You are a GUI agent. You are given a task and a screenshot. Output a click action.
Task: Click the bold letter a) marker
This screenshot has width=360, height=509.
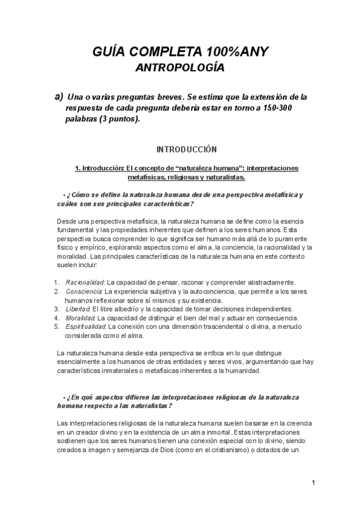pos(59,96)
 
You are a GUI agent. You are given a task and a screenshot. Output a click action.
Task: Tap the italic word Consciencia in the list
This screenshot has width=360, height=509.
pos(84,291)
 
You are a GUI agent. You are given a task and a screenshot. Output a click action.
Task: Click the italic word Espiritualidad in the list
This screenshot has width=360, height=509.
pos(86,327)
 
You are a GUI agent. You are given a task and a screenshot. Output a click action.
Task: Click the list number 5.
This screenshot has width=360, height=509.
pos(55,327)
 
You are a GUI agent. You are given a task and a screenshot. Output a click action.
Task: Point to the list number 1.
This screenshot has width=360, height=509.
pos(55,282)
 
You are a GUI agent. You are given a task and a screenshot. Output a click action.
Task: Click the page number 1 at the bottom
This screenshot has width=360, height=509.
pos(313,483)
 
